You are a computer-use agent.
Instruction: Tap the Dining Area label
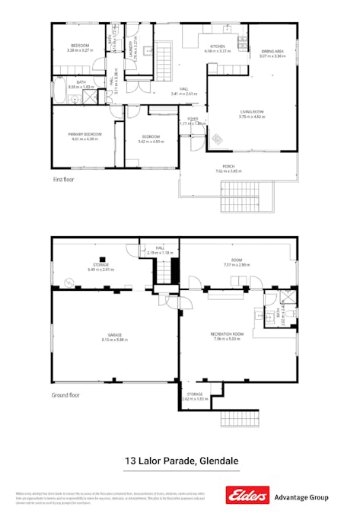(272, 50)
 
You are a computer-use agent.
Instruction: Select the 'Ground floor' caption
(66, 394)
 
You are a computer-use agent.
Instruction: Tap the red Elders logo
(247, 496)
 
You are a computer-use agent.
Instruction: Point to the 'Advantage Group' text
(301, 496)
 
